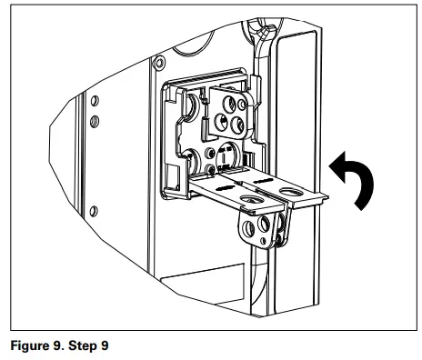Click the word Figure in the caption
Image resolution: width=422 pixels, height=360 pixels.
click(28, 345)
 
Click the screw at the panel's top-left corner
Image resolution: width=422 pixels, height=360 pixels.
click(160, 64)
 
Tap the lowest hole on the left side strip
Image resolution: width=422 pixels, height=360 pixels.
click(93, 138)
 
